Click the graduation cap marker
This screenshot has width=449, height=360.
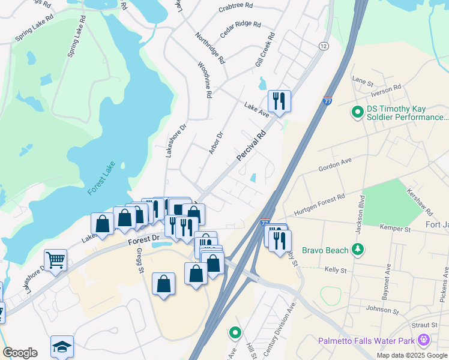62,346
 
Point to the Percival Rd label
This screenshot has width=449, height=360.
251,146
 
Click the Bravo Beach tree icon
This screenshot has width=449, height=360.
358,248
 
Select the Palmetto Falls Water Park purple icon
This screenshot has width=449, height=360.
424,340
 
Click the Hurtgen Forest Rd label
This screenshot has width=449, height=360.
319,205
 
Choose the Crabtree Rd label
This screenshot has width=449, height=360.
235,8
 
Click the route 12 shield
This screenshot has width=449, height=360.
324,46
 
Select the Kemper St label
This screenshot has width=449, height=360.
395,229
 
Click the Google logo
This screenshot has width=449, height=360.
20,353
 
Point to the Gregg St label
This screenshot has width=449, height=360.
139,260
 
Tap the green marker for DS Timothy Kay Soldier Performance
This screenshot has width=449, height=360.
357,112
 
